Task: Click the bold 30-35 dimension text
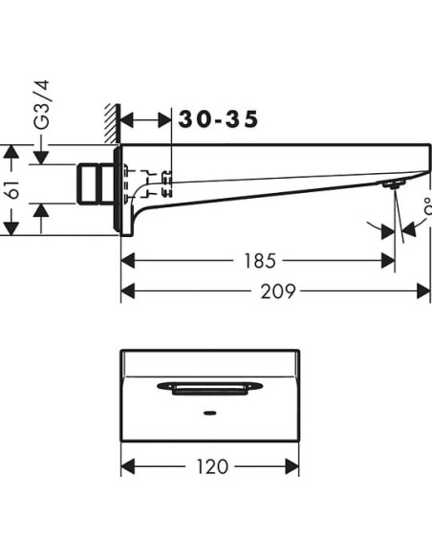(218, 120)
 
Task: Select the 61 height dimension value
(13, 189)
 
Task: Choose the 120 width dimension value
(212, 466)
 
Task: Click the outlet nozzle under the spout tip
(388, 184)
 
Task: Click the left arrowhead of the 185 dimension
(128, 260)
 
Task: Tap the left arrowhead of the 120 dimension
(128, 466)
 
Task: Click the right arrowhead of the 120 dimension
(294, 466)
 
